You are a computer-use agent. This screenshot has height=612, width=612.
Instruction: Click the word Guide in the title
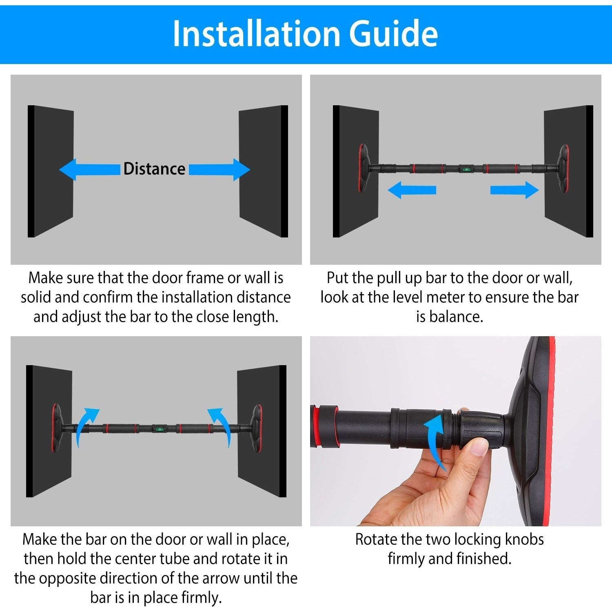pos(393,33)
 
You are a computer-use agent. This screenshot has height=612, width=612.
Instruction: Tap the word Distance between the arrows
pos(154,169)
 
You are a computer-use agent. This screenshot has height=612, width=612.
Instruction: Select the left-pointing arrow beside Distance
pos(90,169)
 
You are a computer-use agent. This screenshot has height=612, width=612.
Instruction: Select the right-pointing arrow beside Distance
pos(220,169)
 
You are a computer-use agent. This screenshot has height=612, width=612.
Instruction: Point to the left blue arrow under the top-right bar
pos(412,190)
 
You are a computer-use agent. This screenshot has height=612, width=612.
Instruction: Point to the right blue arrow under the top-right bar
pos(514,190)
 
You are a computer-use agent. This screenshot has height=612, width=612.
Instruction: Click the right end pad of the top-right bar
pos(564,168)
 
